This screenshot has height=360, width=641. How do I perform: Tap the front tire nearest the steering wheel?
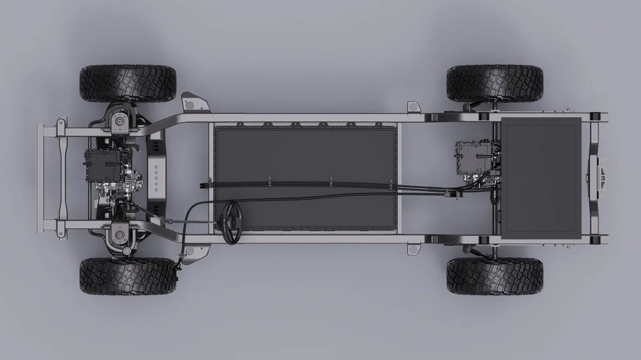point(128,276)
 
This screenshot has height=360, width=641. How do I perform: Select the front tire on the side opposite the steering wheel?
point(128,83)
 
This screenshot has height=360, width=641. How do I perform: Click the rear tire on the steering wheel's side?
point(494,276)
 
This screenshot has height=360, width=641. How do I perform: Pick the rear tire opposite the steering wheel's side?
point(494,83)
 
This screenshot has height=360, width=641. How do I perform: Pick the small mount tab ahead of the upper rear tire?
point(413,106)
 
